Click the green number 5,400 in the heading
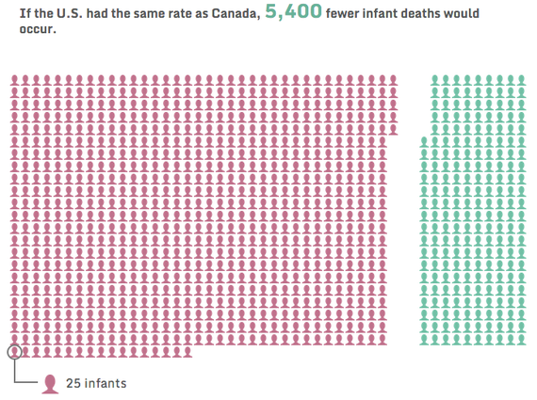pos(292,12)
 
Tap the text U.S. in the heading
pos(62,14)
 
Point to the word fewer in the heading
pos(350,14)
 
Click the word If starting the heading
pos(12,14)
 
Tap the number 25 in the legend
pos(73,383)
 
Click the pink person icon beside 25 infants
pos(50,383)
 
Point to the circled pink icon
pos(14,351)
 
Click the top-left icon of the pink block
pos(14,81)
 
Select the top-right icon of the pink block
pos(408,81)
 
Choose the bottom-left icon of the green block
pos(424,339)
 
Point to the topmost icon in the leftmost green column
pos(424,142)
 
